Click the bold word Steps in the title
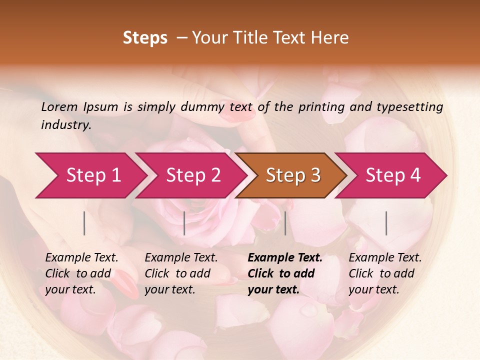tap(145, 38)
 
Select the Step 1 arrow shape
tap(90, 175)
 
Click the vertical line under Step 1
tap(84, 223)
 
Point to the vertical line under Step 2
tap(184, 223)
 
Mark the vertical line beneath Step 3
tap(285, 223)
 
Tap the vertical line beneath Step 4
tap(386, 223)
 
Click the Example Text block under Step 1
tap(81, 273)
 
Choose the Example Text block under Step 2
tap(181, 273)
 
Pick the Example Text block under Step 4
tap(385, 273)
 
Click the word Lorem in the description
tap(59, 106)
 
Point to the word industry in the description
tap(65, 125)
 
